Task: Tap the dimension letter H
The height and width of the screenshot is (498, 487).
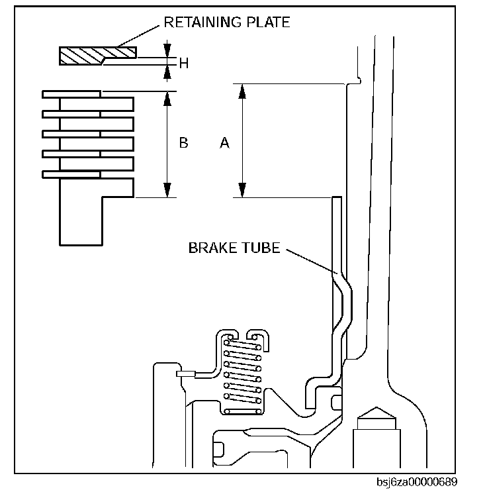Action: pos(184,63)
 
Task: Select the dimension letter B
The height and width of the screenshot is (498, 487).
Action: pos(184,142)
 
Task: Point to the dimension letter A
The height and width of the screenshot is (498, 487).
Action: pos(224,142)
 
